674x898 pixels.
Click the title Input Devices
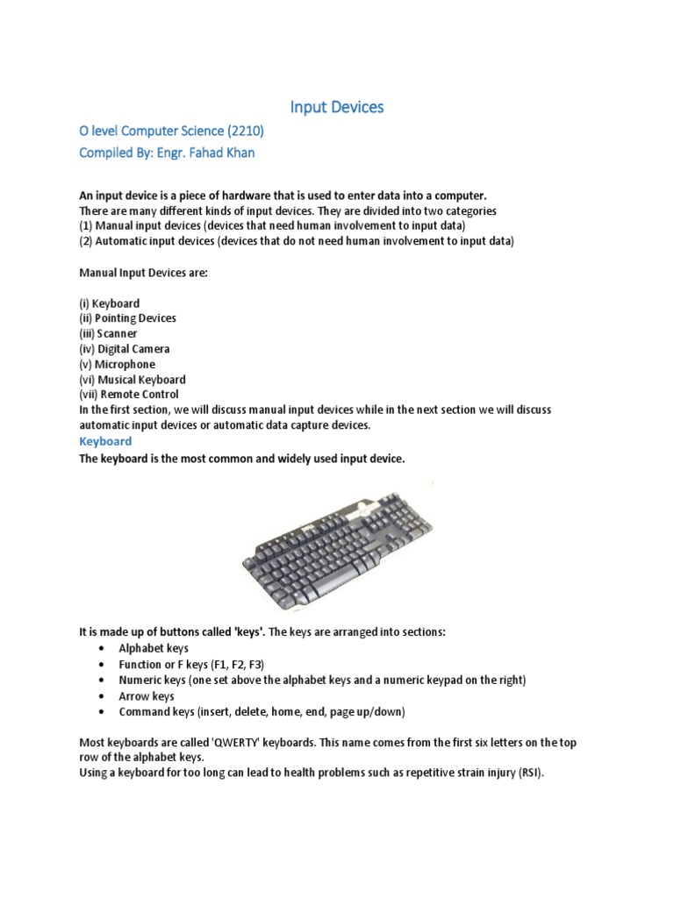point(337,107)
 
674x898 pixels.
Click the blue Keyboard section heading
point(105,441)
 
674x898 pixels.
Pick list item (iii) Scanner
point(108,333)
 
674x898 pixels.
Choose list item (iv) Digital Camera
point(125,349)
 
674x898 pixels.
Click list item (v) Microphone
point(117,364)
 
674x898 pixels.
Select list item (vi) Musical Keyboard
point(132,380)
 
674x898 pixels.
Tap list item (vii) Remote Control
point(129,395)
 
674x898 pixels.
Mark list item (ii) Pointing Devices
point(127,318)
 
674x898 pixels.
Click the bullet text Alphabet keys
point(154,649)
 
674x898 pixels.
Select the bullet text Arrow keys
point(147,696)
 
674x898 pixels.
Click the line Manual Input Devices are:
point(143,273)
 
